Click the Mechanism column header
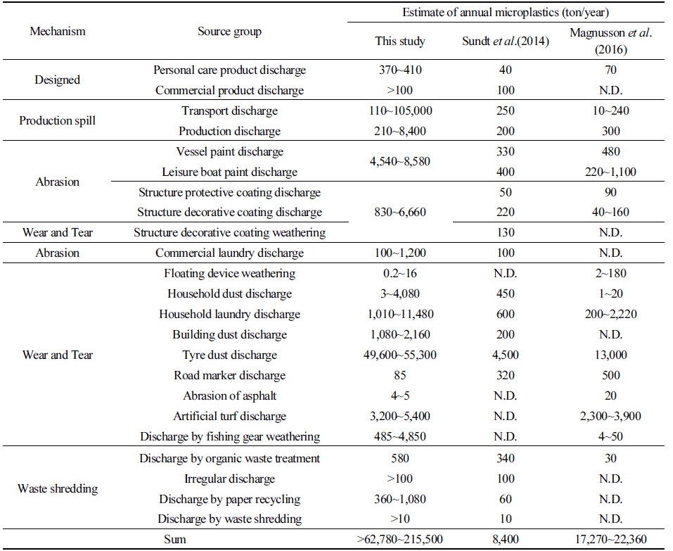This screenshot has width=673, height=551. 58,32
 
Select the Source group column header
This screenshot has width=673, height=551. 229,32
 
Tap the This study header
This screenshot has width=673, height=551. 400,41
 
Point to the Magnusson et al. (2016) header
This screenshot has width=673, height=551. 610,40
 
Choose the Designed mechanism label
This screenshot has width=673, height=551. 58,80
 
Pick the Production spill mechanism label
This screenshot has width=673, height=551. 58,120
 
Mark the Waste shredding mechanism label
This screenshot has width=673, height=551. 58,488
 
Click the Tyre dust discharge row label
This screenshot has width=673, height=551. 229,355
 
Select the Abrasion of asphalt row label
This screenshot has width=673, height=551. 229,395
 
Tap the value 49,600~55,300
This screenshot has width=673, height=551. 400,355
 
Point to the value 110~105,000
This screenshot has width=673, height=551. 400,110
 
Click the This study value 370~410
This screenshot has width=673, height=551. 400,70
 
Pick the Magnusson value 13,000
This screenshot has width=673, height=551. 610,355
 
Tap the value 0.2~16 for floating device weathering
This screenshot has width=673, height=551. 400,273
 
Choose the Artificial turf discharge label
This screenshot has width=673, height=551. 229,416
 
